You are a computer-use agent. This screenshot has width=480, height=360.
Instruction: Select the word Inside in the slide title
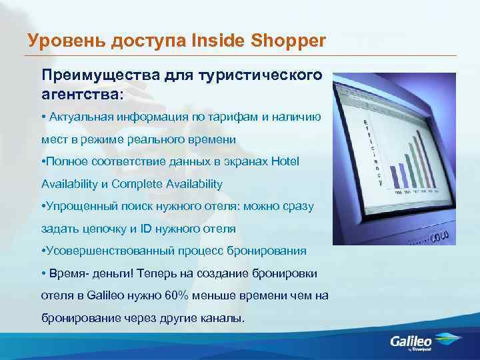215,41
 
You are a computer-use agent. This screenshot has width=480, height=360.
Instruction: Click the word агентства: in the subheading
83,94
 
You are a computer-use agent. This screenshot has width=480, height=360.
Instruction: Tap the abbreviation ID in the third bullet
145,229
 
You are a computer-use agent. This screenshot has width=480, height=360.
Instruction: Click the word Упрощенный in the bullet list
75,206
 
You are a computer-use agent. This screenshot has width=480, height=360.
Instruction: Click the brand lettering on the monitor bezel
439,237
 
